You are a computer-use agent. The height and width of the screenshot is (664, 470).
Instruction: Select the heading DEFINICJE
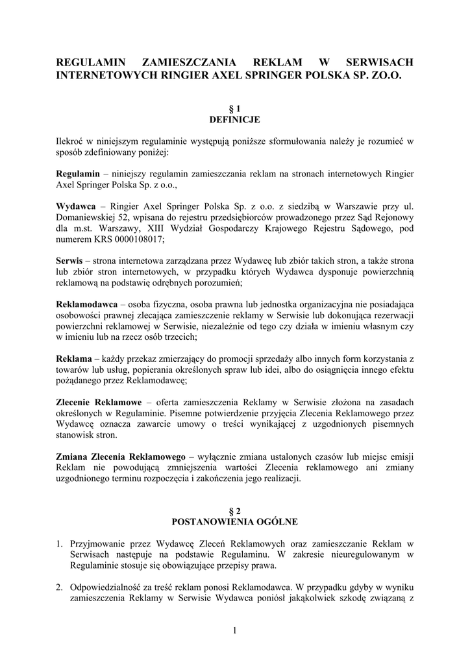coord(234,119)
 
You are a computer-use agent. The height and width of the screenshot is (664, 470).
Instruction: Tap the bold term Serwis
coord(69,259)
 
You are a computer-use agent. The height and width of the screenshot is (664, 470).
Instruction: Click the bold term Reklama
coord(73,359)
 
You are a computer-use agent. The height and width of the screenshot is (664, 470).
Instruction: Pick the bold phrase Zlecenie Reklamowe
coord(99,403)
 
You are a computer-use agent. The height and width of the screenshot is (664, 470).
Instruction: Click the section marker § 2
coord(234,511)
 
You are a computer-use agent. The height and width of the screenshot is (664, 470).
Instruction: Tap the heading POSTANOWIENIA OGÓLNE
coord(234,521)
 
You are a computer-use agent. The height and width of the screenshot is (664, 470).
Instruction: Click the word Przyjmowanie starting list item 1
coord(101,543)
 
